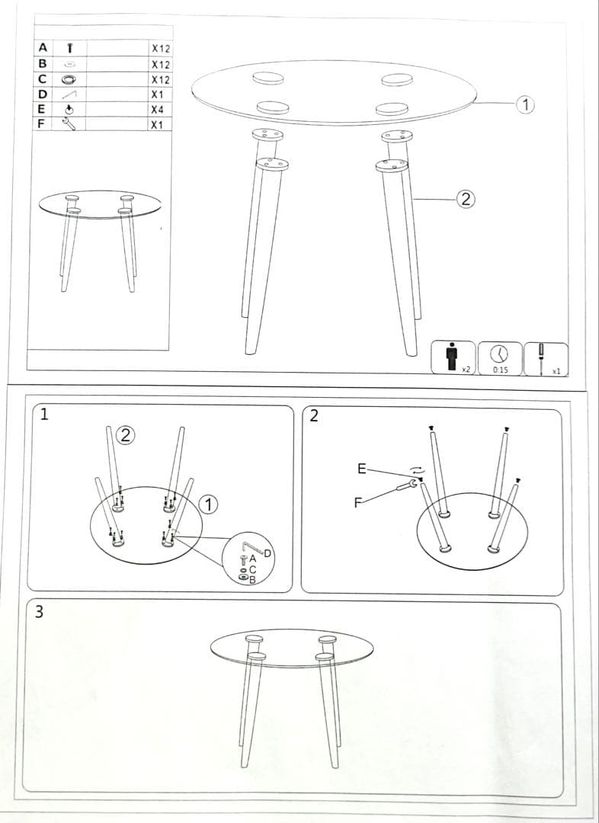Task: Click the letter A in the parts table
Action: pyautogui.click(x=42, y=47)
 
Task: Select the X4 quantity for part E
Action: pyautogui.click(x=158, y=109)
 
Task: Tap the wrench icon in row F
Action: pyautogui.click(x=69, y=124)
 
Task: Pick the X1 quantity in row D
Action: pyautogui.click(x=158, y=94)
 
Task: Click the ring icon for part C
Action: pyautogui.click(x=69, y=79)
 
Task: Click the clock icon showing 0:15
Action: pyautogui.click(x=500, y=354)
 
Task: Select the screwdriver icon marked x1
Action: pyautogui.click(x=542, y=356)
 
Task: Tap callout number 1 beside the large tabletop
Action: pyautogui.click(x=524, y=104)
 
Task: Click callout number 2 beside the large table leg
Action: pyautogui.click(x=466, y=200)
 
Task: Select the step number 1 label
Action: pyautogui.click(x=44, y=415)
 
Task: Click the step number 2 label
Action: pyautogui.click(x=315, y=416)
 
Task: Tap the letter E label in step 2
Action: pyautogui.click(x=362, y=469)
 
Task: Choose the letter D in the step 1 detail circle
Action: pyautogui.click(x=267, y=552)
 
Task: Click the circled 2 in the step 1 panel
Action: pyautogui.click(x=127, y=435)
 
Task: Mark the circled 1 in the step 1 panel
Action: pyautogui.click(x=209, y=504)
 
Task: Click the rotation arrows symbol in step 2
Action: pyautogui.click(x=416, y=470)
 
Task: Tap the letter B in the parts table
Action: pyautogui.click(x=42, y=64)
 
